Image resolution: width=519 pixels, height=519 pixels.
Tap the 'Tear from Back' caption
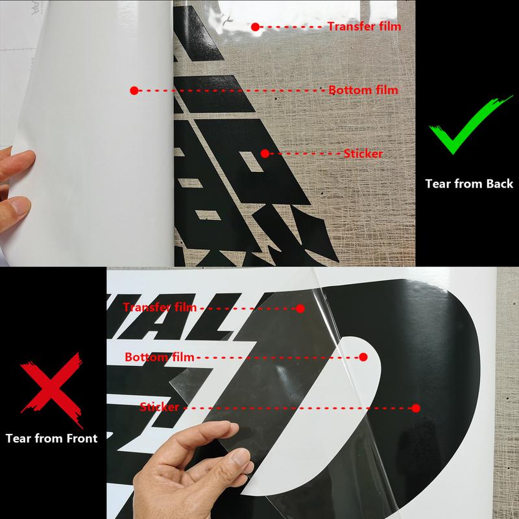click(x=469, y=184)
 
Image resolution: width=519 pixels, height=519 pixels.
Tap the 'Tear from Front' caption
click(x=51, y=438)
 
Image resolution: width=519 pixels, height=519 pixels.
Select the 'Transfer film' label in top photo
click(x=364, y=27)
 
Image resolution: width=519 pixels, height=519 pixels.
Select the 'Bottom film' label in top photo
click(x=363, y=90)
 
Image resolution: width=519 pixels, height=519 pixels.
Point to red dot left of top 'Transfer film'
click(x=256, y=27)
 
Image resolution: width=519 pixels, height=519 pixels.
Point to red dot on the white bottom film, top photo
click(x=134, y=90)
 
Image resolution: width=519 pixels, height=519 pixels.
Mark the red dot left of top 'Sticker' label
click(x=265, y=154)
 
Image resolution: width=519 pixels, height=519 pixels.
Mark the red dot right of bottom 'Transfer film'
click(x=300, y=308)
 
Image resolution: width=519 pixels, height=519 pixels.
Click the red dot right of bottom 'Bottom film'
click(x=363, y=357)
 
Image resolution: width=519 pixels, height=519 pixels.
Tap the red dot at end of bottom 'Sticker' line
click(x=415, y=408)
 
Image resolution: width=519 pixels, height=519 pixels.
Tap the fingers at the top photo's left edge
click(x=14, y=185)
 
